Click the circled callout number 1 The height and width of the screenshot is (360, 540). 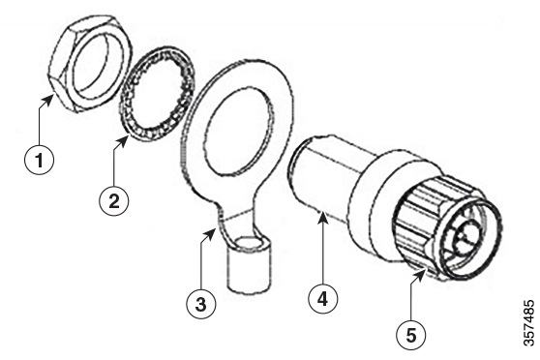tap(40, 161)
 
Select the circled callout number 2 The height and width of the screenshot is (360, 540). tap(113, 201)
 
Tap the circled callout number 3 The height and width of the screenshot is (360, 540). tap(201, 305)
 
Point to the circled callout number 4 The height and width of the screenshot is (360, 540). tap(322, 299)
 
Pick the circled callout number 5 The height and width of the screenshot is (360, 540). tap(411, 335)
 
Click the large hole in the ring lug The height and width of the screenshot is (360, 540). tap(239, 129)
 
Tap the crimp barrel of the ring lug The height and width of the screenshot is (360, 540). tap(249, 264)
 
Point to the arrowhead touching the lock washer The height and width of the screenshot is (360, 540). tap(123, 139)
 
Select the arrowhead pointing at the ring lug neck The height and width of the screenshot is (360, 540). tap(210, 234)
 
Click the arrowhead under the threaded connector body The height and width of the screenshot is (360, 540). tap(322, 216)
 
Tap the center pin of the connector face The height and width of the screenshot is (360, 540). tap(467, 238)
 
